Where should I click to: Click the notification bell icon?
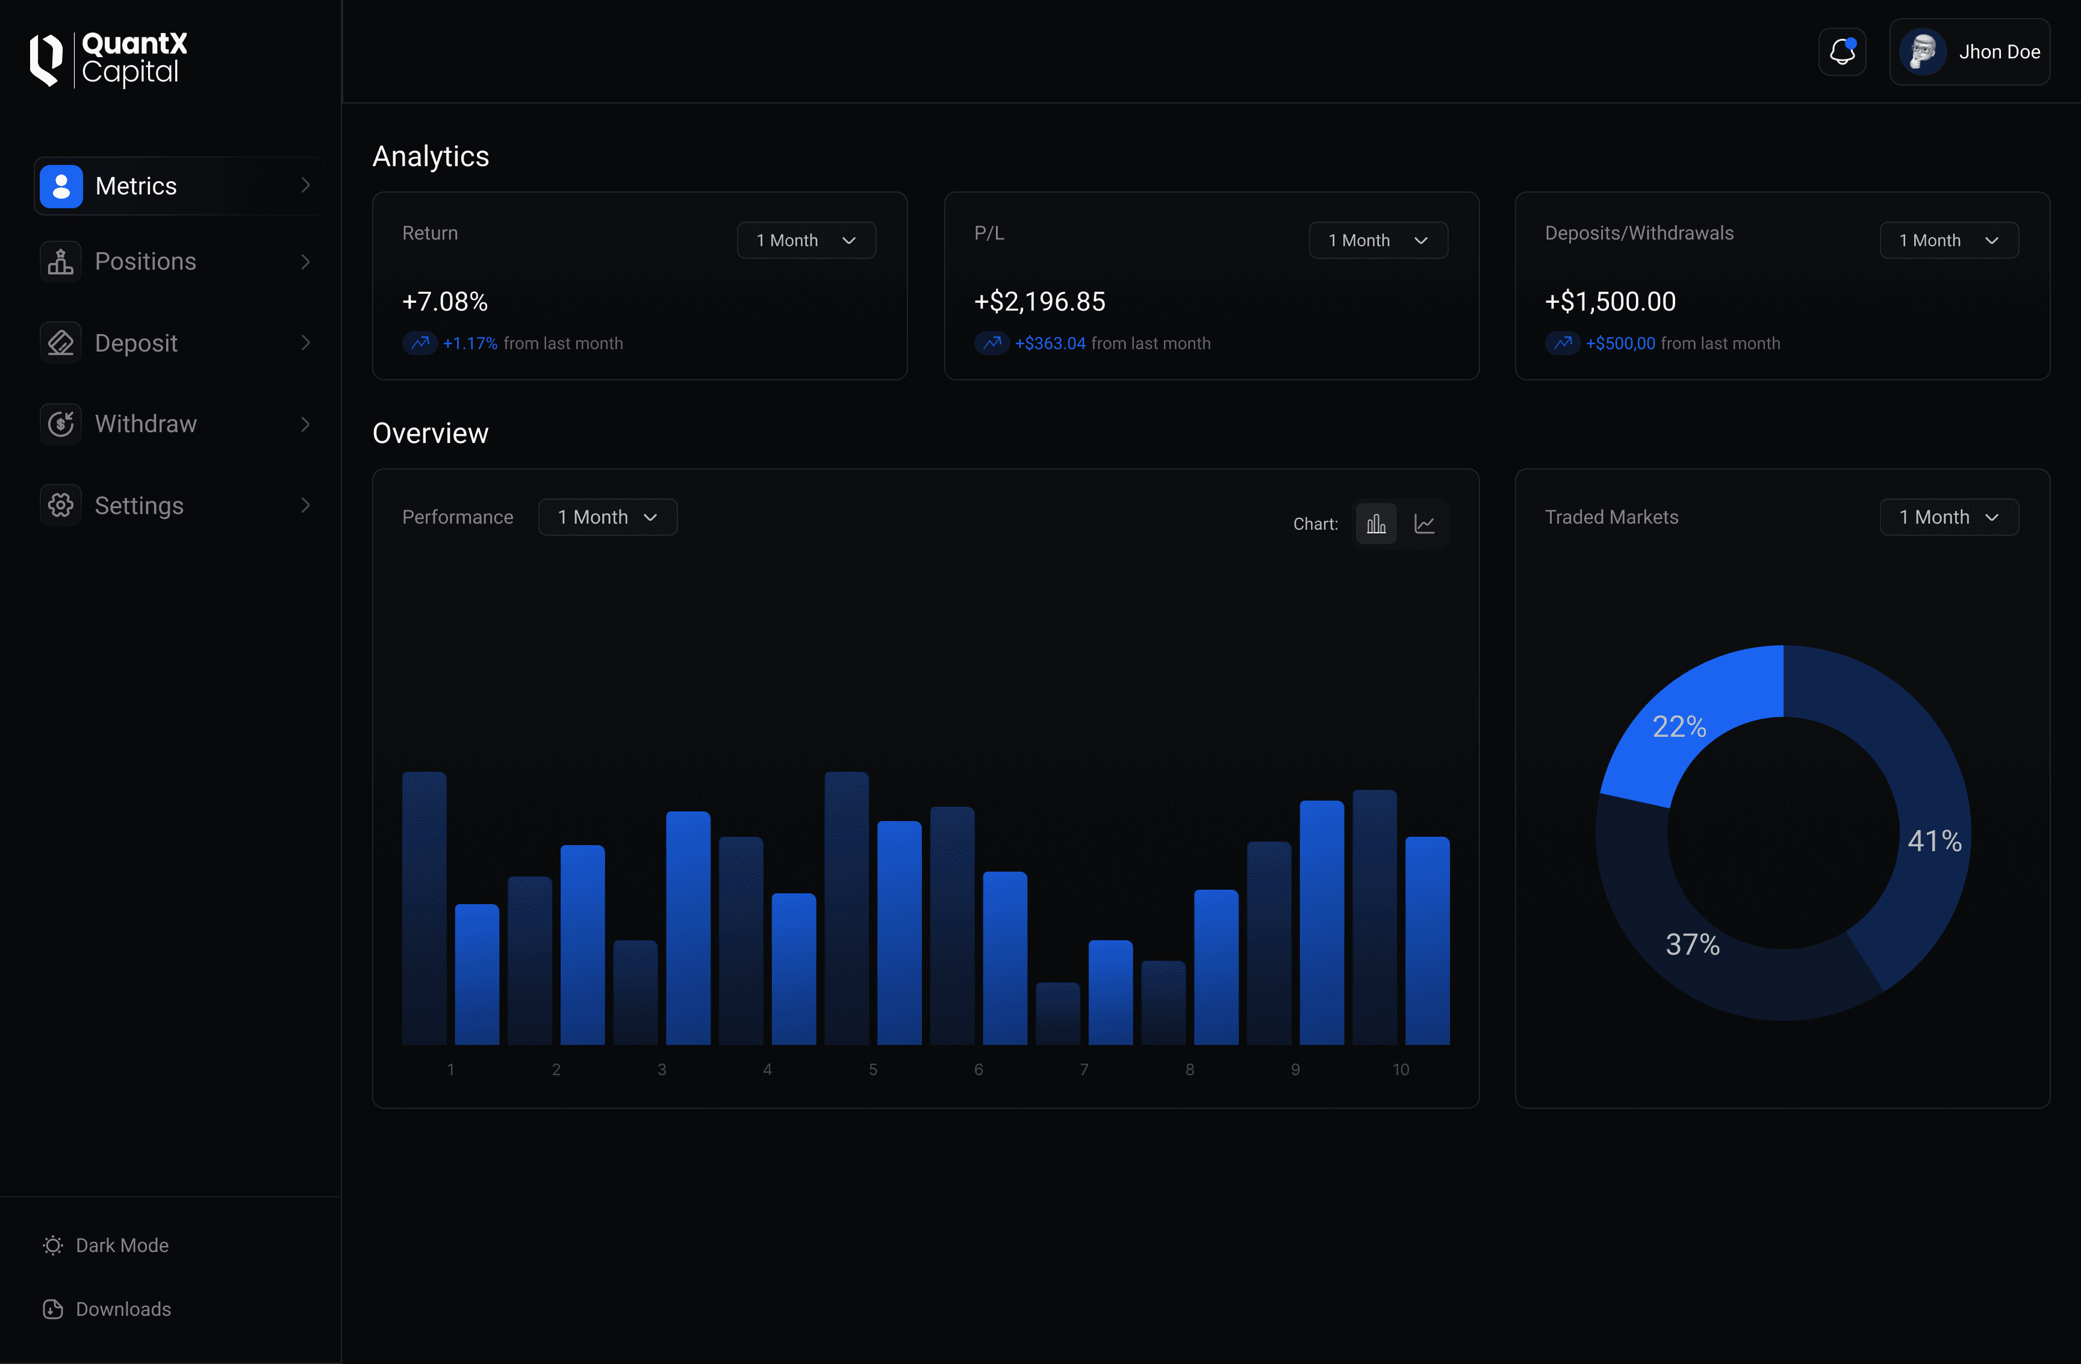pyautogui.click(x=1843, y=52)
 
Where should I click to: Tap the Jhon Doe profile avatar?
pyautogui.click(x=1922, y=52)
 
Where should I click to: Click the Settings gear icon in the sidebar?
pyautogui.click(x=60, y=506)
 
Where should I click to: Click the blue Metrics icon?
pyautogui.click(x=61, y=186)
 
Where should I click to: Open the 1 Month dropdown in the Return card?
pyautogui.click(x=806, y=240)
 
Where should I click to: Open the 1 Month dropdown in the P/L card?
pyautogui.click(x=1378, y=240)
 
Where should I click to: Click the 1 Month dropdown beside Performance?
pyautogui.click(x=608, y=518)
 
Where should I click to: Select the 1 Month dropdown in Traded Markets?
pyautogui.click(x=1949, y=518)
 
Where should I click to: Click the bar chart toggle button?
pyautogui.click(x=1376, y=524)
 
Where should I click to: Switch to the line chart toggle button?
pyautogui.click(x=1424, y=524)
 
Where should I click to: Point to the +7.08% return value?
pyautogui.click(x=445, y=302)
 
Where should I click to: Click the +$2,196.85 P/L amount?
pyautogui.click(x=1040, y=302)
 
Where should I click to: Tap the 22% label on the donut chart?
pyautogui.click(x=1679, y=727)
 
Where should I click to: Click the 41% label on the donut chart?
pyautogui.click(x=1934, y=841)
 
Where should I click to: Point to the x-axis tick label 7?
pyautogui.click(x=1084, y=1069)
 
